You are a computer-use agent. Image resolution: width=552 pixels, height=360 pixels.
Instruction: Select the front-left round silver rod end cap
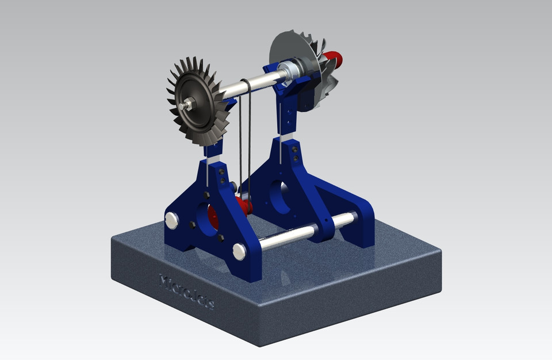click(x=171, y=220)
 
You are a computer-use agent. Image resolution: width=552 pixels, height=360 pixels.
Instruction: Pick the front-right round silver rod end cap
click(x=240, y=251)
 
